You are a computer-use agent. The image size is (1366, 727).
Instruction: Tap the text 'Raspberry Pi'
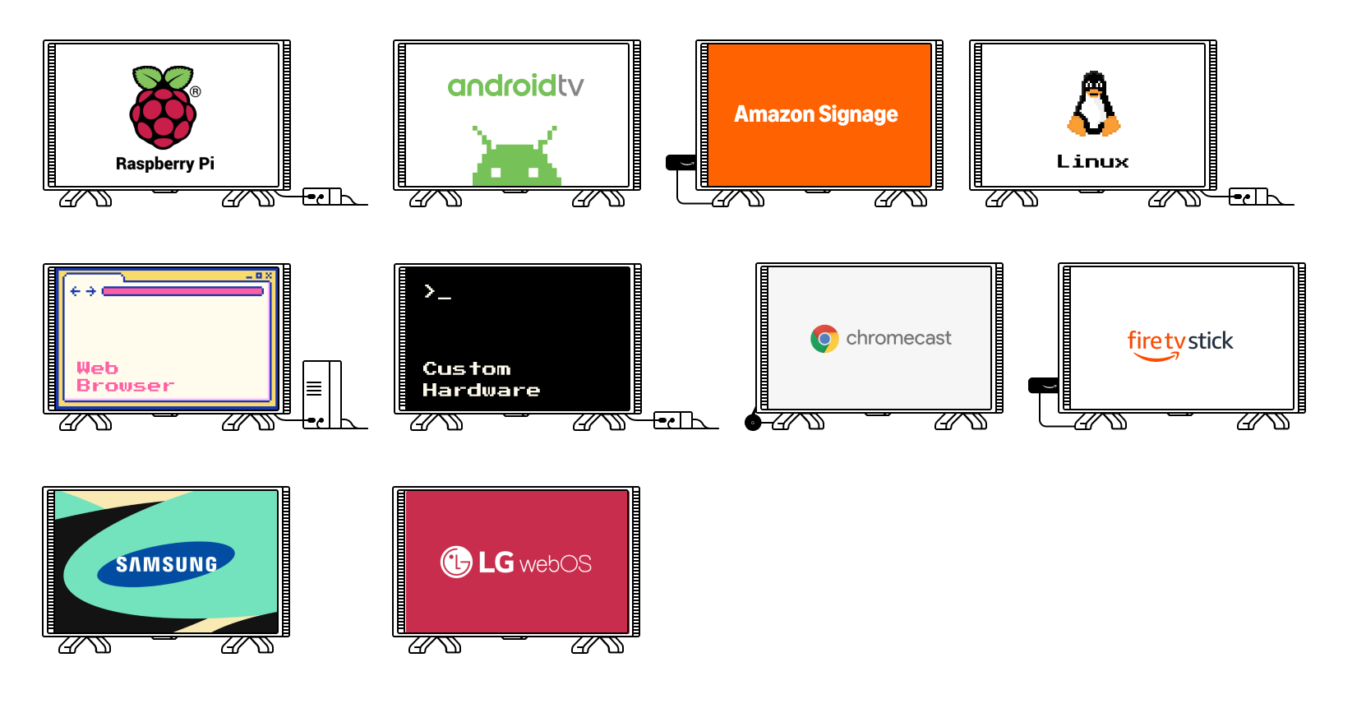pos(165,164)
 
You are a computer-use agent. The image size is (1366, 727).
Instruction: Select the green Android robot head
pos(516,160)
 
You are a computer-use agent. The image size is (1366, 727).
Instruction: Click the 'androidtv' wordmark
pos(515,86)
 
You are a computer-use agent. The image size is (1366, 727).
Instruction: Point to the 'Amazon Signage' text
pos(815,114)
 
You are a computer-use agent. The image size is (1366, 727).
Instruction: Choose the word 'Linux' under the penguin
pos(1092,162)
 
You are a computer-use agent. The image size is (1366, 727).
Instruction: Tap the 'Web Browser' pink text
pos(125,377)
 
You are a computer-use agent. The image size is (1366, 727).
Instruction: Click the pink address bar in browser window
pos(182,291)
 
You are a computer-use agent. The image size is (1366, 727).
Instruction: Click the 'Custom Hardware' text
pos(481,379)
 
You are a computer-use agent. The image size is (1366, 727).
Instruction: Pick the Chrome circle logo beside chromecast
pos(824,339)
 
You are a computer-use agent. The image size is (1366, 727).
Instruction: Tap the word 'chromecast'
pos(898,338)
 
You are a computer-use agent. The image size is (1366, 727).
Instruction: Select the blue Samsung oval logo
pos(166,563)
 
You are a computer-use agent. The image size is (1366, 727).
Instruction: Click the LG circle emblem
pos(456,563)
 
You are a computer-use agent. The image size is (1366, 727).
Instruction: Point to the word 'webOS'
pos(556,564)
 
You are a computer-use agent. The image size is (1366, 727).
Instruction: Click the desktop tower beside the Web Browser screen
pos(321,394)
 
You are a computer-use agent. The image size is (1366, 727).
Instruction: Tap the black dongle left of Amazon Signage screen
pos(681,163)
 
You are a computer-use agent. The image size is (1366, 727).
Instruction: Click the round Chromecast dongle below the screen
pos(753,423)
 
